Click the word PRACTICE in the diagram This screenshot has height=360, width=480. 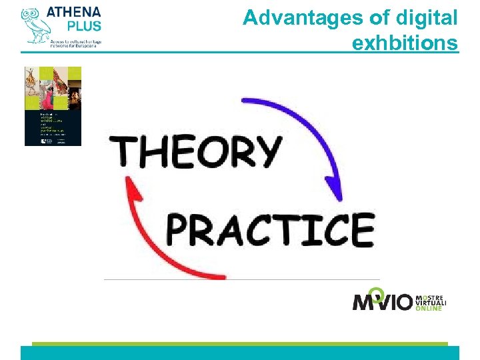(x=269, y=230)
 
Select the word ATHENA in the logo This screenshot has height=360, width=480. (x=74, y=11)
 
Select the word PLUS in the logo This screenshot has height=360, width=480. (x=83, y=26)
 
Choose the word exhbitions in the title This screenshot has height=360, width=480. (x=405, y=43)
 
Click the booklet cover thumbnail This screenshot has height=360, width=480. (x=53, y=106)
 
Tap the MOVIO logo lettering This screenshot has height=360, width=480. (x=383, y=302)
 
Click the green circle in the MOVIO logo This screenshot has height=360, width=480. (x=377, y=292)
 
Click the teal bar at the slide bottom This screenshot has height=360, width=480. (x=240, y=353)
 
